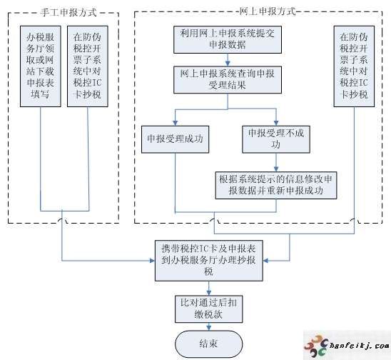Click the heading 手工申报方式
click(x=68, y=12)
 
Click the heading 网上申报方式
click(x=268, y=11)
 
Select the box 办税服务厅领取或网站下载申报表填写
click(x=41, y=66)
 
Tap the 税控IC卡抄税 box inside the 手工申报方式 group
click(x=88, y=66)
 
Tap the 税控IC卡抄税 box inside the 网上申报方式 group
click(x=354, y=66)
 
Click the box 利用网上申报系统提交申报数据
click(x=228, y=39)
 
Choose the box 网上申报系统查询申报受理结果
click(x=228, y=80)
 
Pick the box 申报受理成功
click(x=175, y=139)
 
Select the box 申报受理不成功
click(x=276, y=139)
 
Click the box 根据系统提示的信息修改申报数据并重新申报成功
click(x=276, y=185)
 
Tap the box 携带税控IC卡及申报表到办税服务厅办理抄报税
click(x=209, y=261)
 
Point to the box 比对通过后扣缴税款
click(x=209, y=309)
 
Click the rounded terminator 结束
click(x=209, y=344)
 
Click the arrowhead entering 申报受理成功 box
click(x=175, y=123)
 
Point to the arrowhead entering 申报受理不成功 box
click(x=276, y=123)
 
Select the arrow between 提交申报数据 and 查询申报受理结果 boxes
click(x=228, y=60)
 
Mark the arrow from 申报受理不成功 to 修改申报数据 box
click(x=276, y=162)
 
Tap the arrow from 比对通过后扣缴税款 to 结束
click(x=209, y=327)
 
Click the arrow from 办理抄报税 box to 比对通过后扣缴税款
click(x=209, y=289)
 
